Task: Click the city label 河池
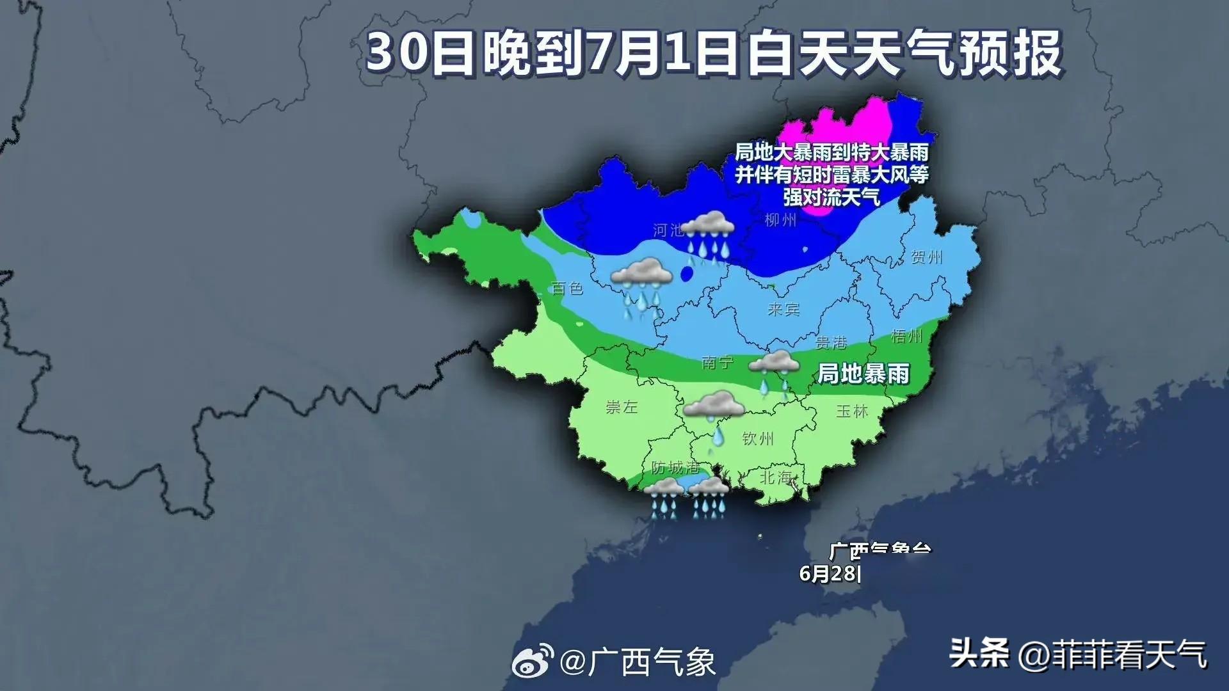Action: [x=668, y=230]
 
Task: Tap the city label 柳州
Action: [x=780, y=220]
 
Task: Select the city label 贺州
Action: [x=926, y=257]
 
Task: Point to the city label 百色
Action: [x=568, y=289]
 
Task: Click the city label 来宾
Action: [x=783, y=310]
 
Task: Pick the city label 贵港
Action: [x=831, y=343]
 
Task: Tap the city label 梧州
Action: [x=906, y=336]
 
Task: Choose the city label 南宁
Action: [x=718, y=363]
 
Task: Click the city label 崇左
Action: [x=622, y=407]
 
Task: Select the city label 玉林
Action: [x=852, y=411]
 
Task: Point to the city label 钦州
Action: [x=758, y=439]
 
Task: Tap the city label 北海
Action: [x=776, y=477]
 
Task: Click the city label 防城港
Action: [x=675, y=468]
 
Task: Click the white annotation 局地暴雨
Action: [x=864, y=374]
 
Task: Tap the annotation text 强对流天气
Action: [x=831, y=197]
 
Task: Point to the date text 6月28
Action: [x=829, y=573]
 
